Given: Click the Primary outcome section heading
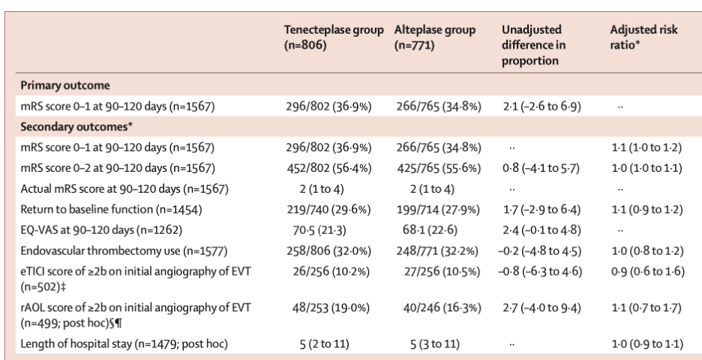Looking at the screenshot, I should [x=67, y=86].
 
